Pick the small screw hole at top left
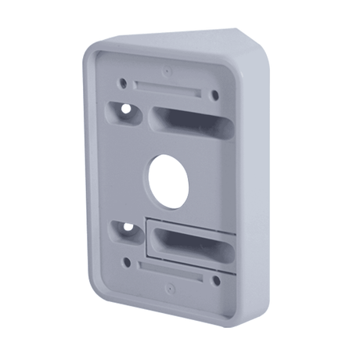tap(123, 81)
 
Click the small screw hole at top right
tap(216, 95)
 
